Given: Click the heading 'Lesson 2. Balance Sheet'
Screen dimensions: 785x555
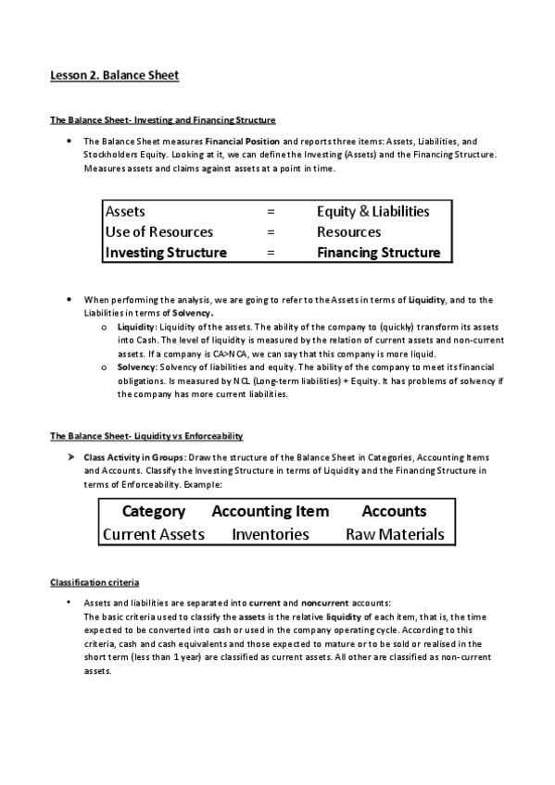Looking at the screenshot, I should (x=114, y=76).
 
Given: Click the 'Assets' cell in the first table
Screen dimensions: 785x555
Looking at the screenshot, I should (x=126, y=211).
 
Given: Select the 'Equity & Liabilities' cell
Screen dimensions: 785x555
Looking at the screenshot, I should (x=372, y=211).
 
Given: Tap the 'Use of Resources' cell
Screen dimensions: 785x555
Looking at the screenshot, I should (x=159, y=231).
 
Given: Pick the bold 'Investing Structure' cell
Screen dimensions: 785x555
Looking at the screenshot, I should (x=166, y=252).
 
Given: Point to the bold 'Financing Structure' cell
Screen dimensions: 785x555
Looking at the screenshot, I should (x=378, y=252).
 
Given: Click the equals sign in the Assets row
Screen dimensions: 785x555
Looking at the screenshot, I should (x=271, y=211).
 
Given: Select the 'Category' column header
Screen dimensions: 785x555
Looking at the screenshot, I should (x=154, y=511).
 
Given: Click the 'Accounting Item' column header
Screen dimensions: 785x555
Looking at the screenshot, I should (x=270, y=511).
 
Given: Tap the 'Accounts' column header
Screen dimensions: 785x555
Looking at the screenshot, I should (x=394, y=511).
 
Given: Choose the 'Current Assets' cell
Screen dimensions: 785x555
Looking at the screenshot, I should (x=154, y=534).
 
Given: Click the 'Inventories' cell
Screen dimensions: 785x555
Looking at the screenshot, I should (x=270, y=534).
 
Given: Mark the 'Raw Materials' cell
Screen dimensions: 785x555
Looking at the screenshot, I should (x=394, y=534).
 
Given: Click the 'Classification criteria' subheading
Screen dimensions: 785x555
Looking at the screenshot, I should (x=94, y=582).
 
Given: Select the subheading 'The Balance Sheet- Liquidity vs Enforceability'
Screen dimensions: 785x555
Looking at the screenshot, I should (x=145, y=435).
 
